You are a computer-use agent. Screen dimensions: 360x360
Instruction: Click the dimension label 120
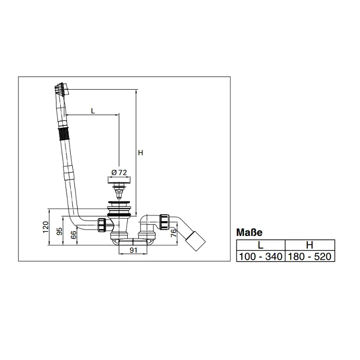[46, 227]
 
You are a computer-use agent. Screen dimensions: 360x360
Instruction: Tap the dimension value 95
[59, 231]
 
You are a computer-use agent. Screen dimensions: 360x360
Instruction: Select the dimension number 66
[73, 234]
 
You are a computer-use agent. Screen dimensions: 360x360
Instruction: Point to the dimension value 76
[174, 233]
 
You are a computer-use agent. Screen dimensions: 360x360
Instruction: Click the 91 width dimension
[134, 250]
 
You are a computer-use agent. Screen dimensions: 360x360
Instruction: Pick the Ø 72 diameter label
[119, 172]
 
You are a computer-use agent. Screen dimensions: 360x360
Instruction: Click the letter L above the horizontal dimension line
[93, 111]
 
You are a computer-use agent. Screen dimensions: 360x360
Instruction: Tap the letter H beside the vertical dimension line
[140, 153]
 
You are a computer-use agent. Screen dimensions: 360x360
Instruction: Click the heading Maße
[249, 232]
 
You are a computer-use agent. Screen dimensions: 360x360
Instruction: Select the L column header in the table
[260, 245]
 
